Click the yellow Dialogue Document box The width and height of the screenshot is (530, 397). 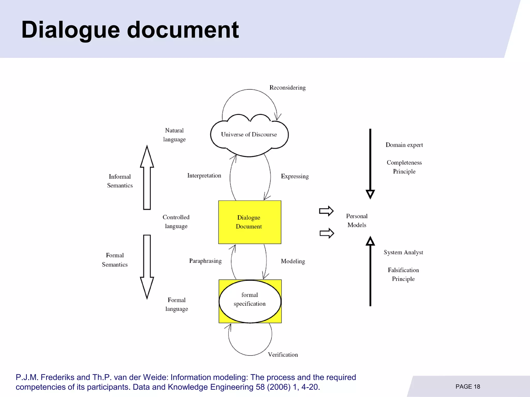(x=249, y=222)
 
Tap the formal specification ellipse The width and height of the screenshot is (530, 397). (x=250, y=301)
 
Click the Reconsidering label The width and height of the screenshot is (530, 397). (x=288, y=88)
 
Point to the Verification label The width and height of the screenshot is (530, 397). (x=283, y=355)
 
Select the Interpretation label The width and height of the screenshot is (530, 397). (x=204, y=176)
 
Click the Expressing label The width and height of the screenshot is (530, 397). (x=295, y=176)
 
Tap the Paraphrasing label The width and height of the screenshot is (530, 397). (x=205, y=261)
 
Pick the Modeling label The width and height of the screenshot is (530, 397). (x=293, y=261)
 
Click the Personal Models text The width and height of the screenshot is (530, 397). (x=357, y=220)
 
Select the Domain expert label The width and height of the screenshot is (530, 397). (x=404, y=145)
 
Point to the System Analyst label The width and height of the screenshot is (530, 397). (x=403, y=252)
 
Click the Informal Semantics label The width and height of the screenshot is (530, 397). (x=120, y=181)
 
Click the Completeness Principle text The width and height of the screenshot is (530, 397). (x=404, y=167)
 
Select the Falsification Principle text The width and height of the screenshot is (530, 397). (x=403, y=274)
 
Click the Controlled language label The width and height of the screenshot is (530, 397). (x=176, y=222)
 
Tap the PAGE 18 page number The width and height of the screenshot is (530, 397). (x=468, y=387)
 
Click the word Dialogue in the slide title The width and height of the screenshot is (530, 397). (x=70, y=30)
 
